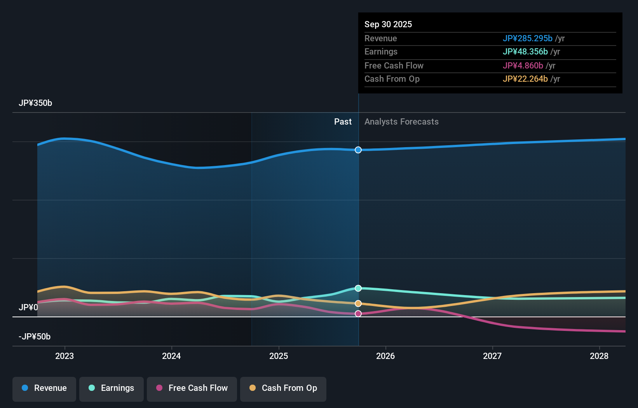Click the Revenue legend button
pos(44,389)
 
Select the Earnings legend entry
pos(112,389)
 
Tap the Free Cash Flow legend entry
pos(192,389)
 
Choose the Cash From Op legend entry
pos(283,389)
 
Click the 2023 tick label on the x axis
pos(64,356)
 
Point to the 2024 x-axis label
pos(171,356)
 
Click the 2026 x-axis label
pos(385,356)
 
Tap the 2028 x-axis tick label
pos(599,356)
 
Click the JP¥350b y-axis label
pos(35,103)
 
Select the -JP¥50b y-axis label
pos(35,337)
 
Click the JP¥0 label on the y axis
pos(28,308)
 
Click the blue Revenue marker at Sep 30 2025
pos(358,150)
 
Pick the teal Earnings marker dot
pos(358,288)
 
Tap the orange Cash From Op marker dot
pos(358,303)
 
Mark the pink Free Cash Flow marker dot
pos(358,313)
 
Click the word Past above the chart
pos(343,122)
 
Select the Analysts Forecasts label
pos(401,122)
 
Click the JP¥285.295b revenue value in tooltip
pos(527,39)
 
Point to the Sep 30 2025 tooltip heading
pos(388,25)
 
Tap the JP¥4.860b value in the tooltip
pos(523,66)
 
